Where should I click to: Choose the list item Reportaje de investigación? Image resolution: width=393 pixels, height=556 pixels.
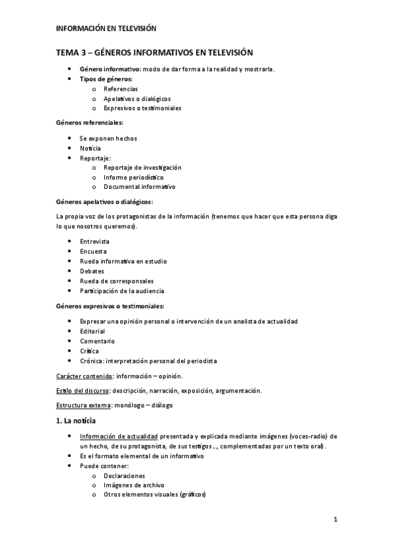point(142,167)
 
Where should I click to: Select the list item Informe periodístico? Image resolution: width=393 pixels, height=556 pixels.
point(134,177)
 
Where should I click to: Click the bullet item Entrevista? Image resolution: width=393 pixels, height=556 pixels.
point(94,241)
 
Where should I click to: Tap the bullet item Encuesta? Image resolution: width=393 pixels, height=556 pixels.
point(93,251)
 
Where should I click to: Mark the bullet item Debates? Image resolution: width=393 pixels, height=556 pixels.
point(92,271)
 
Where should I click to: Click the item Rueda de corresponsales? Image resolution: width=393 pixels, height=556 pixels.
point(116,281)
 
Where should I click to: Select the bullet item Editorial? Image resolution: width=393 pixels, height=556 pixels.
point(93,331)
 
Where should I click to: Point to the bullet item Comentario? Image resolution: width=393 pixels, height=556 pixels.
point(97,341)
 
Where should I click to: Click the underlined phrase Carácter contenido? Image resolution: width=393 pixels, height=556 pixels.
point(85,376)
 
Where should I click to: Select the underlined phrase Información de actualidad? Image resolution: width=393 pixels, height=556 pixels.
point(117,436)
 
